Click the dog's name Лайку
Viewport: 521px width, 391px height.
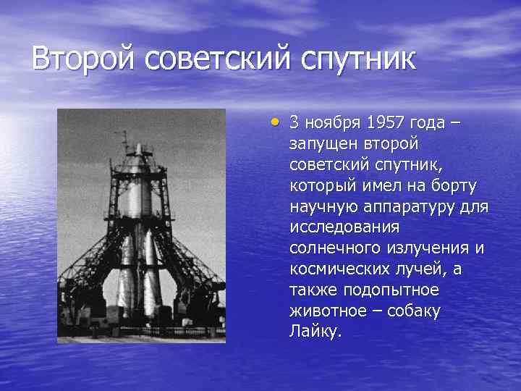tap(313, 332)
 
